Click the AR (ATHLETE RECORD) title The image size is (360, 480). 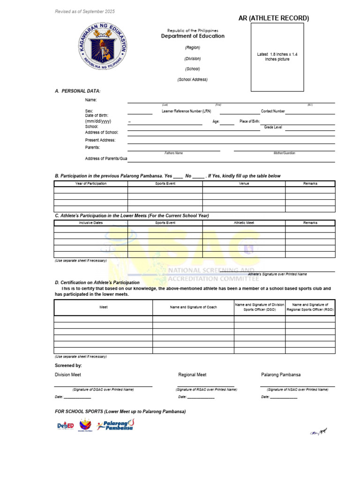tap(274, 18)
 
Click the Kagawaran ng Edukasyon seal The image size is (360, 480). tap(103, 47)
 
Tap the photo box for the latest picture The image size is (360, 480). tap(277, 57)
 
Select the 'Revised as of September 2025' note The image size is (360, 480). tap(85, 11)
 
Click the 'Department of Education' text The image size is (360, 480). tap(193, 36)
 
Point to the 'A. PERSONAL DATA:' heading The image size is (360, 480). tap(78, 91)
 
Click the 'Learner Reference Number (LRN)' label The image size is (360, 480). tap(187, 112)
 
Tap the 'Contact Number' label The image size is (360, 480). tap(273, 112)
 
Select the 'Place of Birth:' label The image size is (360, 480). tap(250, 121)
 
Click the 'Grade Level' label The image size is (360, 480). tap(273, 127)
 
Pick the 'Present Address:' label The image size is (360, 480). tap(100, 140)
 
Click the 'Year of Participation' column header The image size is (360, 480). tap(91, 184)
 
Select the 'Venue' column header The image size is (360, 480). tap(244, 184)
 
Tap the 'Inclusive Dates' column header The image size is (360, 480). tap(91, 223)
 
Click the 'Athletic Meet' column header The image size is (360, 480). tap(244, 223)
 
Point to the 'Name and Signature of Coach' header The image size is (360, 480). tap(193, 307)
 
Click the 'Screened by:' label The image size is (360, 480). tap(68, 365)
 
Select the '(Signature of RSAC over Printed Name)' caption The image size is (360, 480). tap(206, 390)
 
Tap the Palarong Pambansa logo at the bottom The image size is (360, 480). tap(115, 425)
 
